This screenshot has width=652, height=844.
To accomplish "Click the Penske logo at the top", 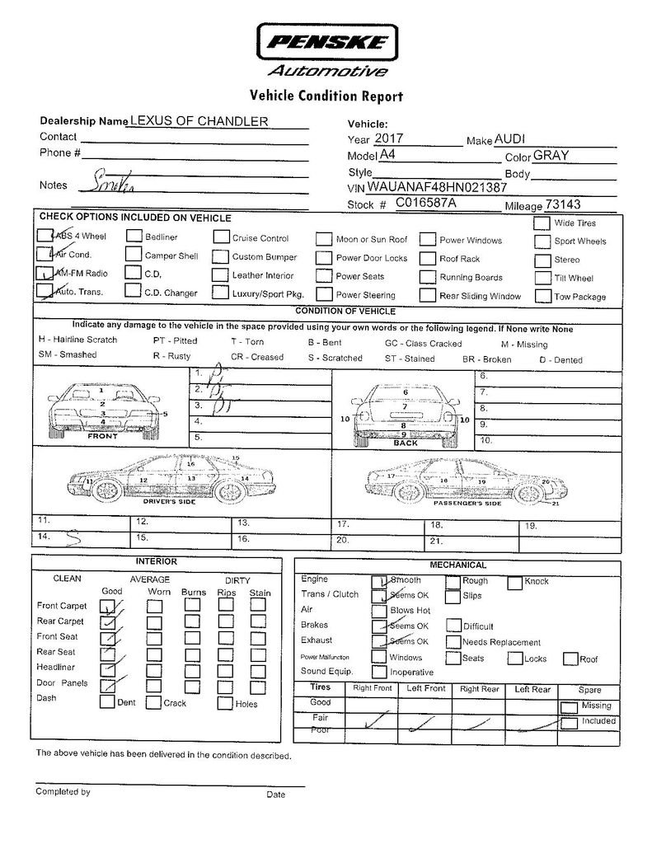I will coord(328,42).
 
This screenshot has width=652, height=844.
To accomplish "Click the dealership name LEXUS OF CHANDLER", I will coord(199,121).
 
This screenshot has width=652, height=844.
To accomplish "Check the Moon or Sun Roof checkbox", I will coord(324,240).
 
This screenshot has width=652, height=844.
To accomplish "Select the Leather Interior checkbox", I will coord(219,275).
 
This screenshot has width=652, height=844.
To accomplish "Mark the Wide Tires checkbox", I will coord(542,223).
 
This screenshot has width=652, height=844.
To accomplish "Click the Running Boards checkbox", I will coord(427,277).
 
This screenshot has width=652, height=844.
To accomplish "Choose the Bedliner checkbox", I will coord(134,237).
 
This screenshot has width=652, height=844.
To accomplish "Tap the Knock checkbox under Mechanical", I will coord(514,582).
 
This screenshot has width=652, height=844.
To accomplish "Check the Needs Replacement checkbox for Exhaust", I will coord(453,642).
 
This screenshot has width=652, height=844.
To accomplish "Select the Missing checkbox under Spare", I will coord(568,706).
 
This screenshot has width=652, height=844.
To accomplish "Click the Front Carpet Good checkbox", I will coord(107,607).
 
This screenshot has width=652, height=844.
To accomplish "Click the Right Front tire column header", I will coord(372,688).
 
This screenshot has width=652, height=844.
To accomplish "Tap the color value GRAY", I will coord(551,155).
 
